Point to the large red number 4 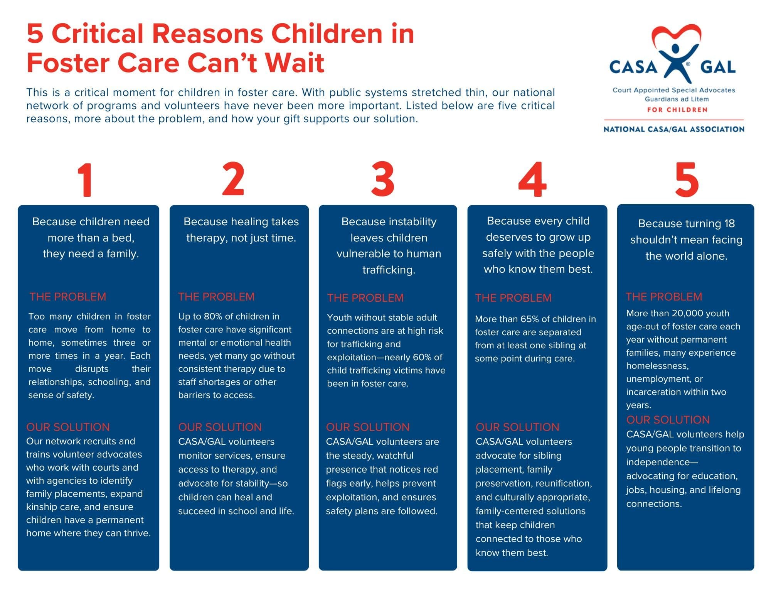coord(532,179)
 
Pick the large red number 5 coord(687,179)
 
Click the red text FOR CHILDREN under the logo coord(677,110)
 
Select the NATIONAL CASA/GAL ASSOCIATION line coord(674,129)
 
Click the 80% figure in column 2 coord(213,316)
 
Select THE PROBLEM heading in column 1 coord(68,297)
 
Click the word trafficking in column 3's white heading coord(389,270)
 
